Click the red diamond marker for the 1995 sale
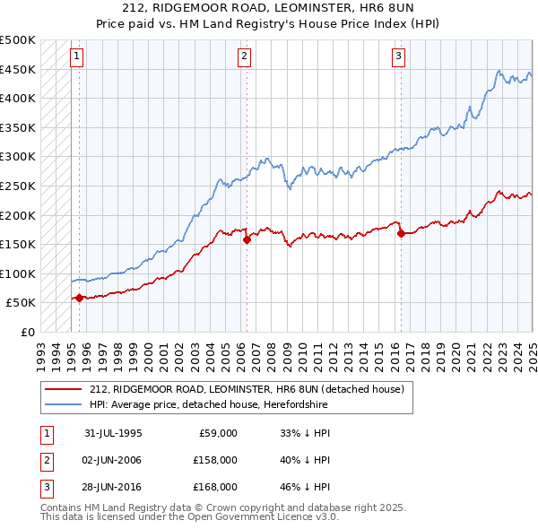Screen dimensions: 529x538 point(80,298)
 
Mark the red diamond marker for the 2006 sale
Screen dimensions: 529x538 point(247,239)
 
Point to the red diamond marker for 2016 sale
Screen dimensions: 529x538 point(401,234)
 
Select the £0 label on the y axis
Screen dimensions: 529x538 point(28,332)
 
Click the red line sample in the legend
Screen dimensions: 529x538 point(63,389)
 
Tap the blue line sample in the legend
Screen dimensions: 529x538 point(63,404)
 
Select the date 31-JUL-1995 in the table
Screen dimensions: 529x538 point(113,433)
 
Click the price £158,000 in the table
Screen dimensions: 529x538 point(216,460)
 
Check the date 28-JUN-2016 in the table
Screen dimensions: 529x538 point(113,487)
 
